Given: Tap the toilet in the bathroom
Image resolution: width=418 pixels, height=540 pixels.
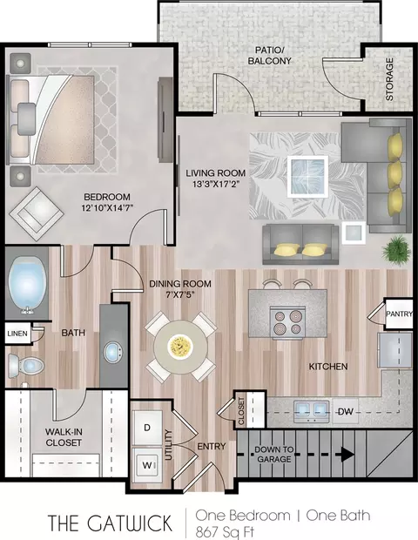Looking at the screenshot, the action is click(x=26, y=366).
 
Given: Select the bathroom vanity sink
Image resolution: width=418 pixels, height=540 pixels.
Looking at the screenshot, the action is click(x=113, y=352).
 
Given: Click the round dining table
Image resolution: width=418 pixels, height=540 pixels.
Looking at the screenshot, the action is click(x=181, y=347).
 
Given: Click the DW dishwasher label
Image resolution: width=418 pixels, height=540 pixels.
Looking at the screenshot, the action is click(x=346, y=411).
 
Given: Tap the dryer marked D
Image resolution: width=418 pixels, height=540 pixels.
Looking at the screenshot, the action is click(x=147, y=428).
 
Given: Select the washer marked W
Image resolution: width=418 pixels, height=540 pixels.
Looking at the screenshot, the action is click(x=147, y=465).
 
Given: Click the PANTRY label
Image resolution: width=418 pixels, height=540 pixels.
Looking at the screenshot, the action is click(x=399, y=314).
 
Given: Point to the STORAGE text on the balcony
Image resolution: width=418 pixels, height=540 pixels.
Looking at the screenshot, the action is click(x=389, y=79).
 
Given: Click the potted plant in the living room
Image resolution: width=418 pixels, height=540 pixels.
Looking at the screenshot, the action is click(x=397, y=249).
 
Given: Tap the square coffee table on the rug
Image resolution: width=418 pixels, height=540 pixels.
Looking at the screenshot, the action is click(x=307, y=177).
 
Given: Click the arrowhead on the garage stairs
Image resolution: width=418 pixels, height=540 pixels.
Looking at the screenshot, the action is click(x=347, y=455).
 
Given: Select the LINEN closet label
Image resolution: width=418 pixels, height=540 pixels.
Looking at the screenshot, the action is click(x=17, y=334).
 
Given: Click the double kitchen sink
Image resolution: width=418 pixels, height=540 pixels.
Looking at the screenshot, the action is click(x=311, y=411).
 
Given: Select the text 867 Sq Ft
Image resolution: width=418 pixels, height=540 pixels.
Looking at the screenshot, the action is click(x=225, y=532).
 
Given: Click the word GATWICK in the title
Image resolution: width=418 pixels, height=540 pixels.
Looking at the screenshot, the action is click(x=129, y=523).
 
